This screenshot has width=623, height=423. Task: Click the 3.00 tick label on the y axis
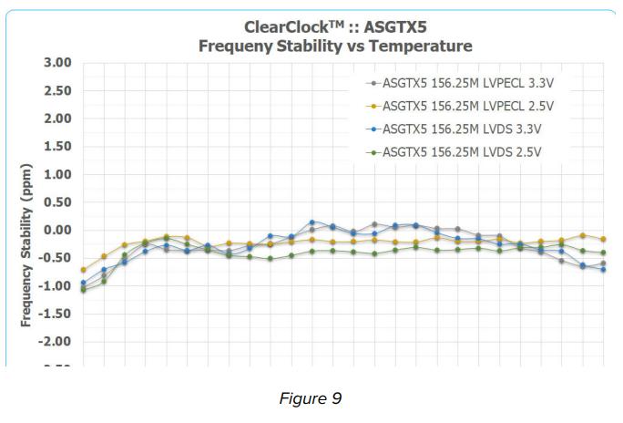click(x=56, y=63)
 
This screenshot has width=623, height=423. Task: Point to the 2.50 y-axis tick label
click(x=56, y=91)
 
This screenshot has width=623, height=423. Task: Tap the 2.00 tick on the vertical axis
click(x=56, y=119)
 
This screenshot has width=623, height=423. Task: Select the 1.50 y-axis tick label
click(x=56, y=147)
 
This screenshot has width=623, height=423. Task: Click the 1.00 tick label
click(x=56, y=174)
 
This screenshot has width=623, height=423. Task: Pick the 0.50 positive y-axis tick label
click(x=56, y=202)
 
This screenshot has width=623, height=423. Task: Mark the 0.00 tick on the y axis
click(x=56, y=230)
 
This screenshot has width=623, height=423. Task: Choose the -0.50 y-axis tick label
click(x=55, y=258)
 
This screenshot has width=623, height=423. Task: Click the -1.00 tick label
click(x=55, y=285)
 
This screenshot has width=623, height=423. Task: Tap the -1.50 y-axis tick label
click(x=55, y=314)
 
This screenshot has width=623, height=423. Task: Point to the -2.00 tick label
click(x=55, y=341)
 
